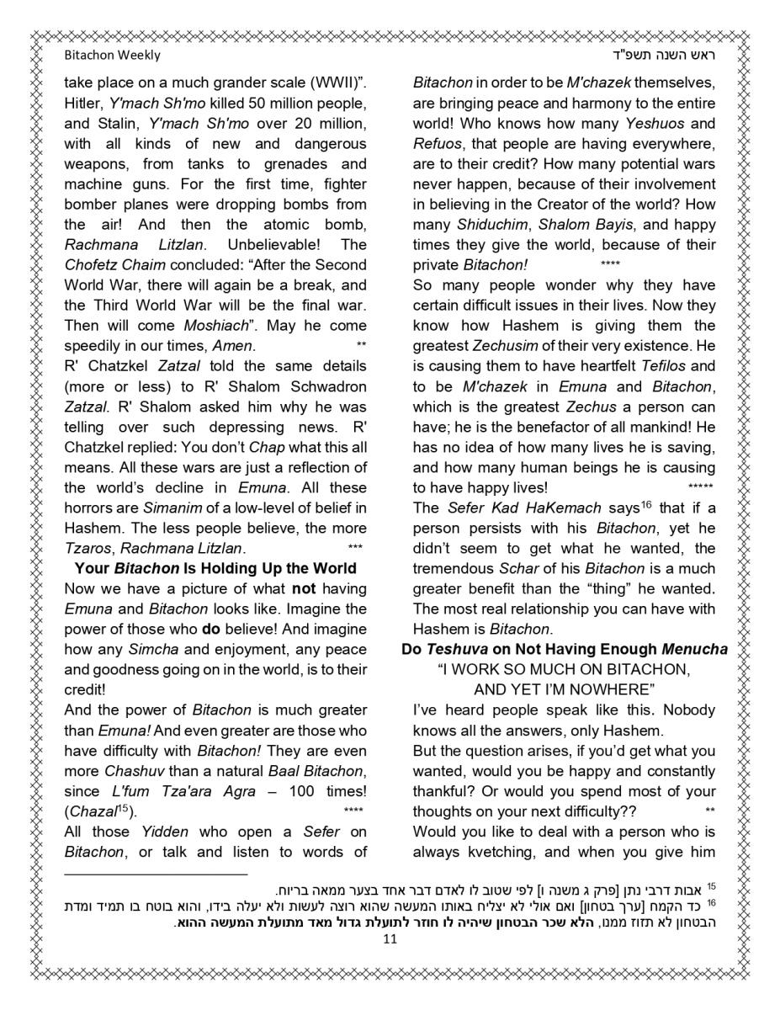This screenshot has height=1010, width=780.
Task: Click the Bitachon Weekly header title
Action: point(112,56)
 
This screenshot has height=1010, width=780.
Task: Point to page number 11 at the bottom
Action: point(390,940)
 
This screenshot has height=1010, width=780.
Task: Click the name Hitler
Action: point(82,104)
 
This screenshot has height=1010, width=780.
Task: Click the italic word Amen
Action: point(233,346)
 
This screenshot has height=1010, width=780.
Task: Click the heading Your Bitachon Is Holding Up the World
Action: point(215,568)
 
